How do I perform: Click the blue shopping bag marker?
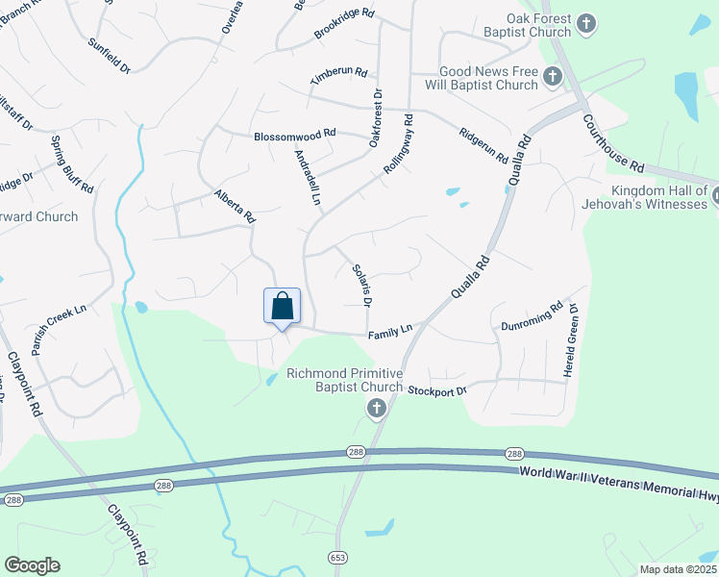pyautogui.click(x=282, y=307)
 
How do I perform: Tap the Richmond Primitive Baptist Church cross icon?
pyautogui.click(x=376, y=410)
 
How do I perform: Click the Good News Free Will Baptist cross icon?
pyautogui.click(x=552, y=76)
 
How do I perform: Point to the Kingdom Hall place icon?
pyautogui.click(x=717, y=194)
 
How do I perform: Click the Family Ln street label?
pyautogui.click(x=389, y=332)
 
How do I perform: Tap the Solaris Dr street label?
pyautogui.click(x=361, y=286)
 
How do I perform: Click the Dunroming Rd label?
pyautogui.click(x=532, y=318)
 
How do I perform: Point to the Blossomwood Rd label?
pyautogui.click(x=295, y=136)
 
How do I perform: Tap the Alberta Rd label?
pyautogui.click(x=234, y=206)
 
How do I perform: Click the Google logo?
pyautogui.click(x=32, y=565)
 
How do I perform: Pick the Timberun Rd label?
pyautogui.click(x=339, y=74)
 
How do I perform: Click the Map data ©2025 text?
pyautogui.click(x=678, y=569)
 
